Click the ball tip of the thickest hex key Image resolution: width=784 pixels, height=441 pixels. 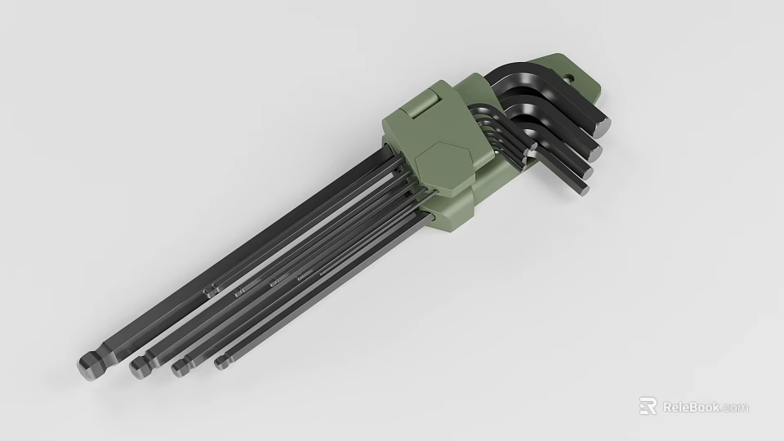(87, 365)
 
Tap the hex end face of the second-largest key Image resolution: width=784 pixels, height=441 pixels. (593, 150)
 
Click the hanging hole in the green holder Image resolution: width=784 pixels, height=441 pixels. (572, 79)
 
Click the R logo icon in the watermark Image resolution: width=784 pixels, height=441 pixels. (648, 406)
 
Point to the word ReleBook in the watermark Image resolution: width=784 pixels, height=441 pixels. (691, 407)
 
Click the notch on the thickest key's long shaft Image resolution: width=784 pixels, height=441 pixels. (211, 289)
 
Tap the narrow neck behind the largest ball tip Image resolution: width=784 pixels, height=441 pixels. (101, 356)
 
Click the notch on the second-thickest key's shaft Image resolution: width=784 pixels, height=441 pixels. (238, 292)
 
